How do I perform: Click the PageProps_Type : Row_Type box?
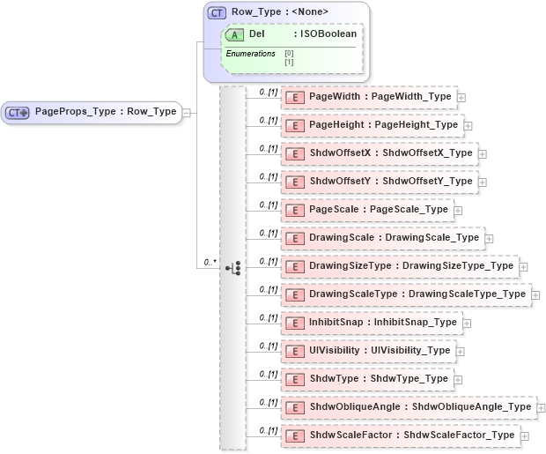(92, 112)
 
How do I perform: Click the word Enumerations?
(250, 54)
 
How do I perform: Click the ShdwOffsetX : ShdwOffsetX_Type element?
(380, 153)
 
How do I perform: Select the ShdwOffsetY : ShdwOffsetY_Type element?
(380, 182)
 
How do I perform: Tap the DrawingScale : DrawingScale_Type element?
(383, 238)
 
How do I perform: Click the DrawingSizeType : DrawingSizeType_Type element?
(400, 265)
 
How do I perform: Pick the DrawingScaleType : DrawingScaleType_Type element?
(406, 294)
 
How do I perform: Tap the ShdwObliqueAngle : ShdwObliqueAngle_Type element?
(409, 406)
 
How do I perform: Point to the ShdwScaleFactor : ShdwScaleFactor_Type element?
(401, 435)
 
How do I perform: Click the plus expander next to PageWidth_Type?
(461, 97)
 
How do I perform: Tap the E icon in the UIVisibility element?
(296, 351)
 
